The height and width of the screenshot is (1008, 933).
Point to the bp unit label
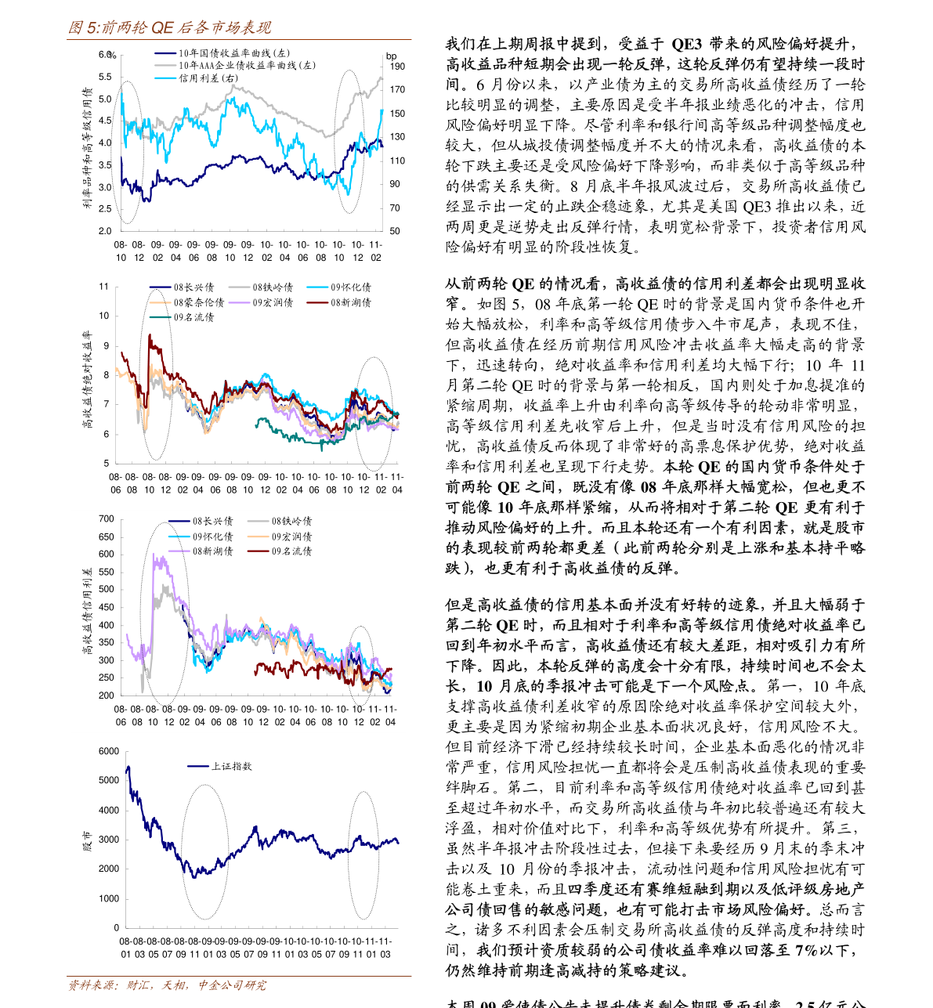click(391, 56)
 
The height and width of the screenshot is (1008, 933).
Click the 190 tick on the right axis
click(397, 67)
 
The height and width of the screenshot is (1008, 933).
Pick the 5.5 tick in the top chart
click(105, 78)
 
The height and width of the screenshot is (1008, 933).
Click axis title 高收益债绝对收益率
click(87, 380)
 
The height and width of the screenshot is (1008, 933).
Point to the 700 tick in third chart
click(107, 519)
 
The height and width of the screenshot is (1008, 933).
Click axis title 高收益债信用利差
click(87, 612)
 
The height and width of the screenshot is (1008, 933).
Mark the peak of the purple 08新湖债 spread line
click(154, 556)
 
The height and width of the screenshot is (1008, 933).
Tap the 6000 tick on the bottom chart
click(109, 752)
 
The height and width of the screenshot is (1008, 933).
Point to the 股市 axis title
click(87, 841)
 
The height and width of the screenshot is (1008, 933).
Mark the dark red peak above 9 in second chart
click(150, 335)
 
